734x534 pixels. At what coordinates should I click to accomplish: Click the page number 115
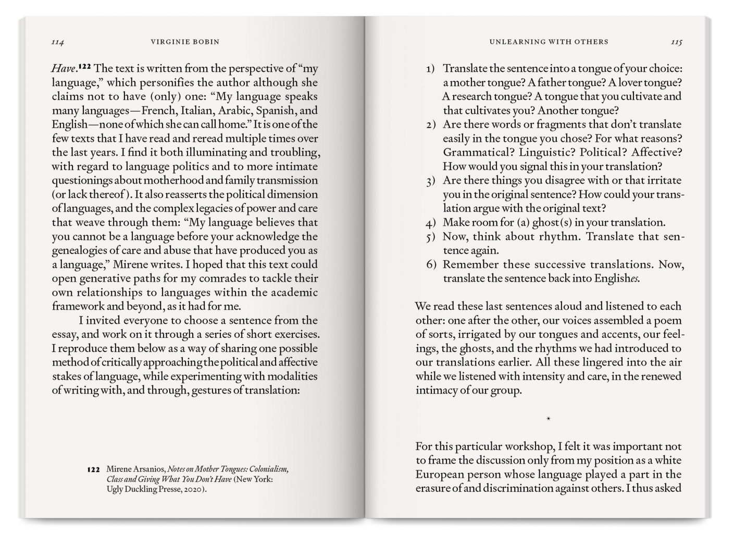click(676, 42)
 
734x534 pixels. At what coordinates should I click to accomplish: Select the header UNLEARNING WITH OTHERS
click(549, 42)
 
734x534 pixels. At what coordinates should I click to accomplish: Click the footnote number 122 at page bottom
click(93, 469)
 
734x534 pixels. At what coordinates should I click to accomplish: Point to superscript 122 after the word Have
click(85, 67)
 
